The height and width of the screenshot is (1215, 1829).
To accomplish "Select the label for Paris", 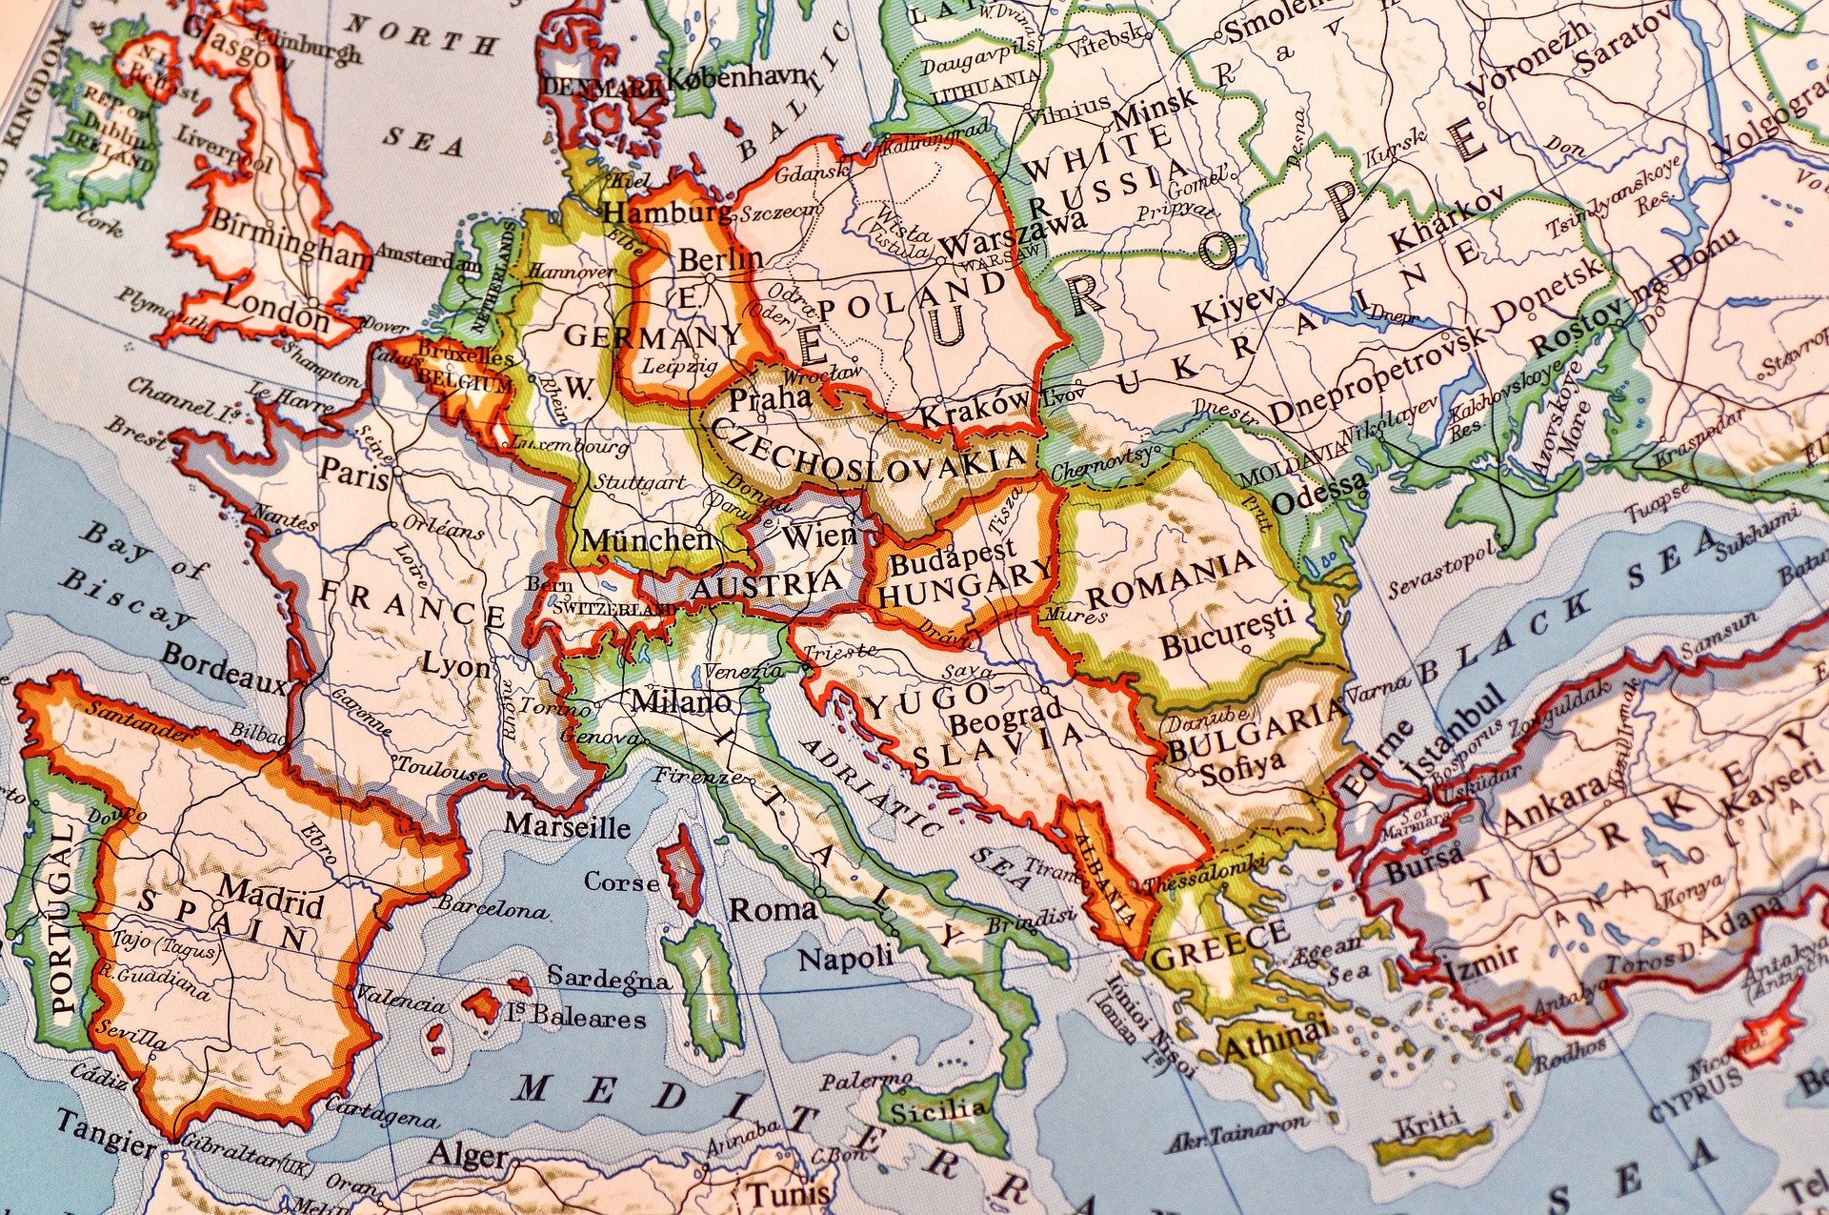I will point(354,473).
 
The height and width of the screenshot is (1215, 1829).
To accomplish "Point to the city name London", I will point(275,315).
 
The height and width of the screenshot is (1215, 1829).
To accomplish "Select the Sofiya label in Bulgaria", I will point(1242,768).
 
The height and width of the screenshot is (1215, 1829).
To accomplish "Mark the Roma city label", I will point(773,909).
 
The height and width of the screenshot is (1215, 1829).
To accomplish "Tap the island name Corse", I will point(621,881).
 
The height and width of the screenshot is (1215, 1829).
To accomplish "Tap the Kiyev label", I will point(1233,309).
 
